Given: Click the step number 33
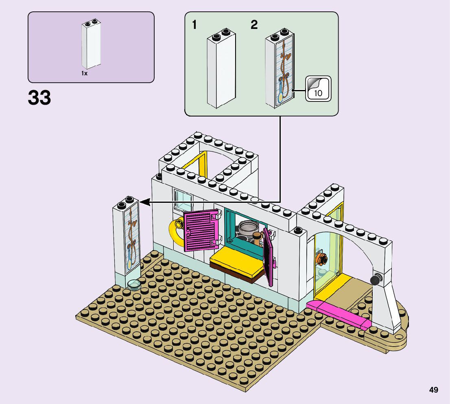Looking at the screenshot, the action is tap(39, 98).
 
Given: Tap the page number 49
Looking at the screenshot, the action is tap(433, 390).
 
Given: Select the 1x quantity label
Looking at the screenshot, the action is tap(84, 73).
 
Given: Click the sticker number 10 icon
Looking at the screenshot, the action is tap(318, 88).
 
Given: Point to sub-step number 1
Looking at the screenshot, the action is tap(194, 25).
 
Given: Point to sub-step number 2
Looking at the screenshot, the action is tap(254, 25).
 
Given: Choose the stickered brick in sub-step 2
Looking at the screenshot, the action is tap(280, 69).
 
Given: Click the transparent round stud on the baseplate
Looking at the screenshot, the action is tap(133, 284).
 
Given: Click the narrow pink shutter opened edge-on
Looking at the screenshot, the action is tap(268, 257).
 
